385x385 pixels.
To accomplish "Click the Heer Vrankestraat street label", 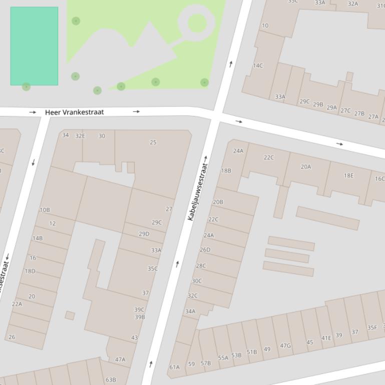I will (74, 112).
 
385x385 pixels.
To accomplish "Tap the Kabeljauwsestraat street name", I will (197, 188).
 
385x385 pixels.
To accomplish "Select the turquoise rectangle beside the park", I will (34, 46).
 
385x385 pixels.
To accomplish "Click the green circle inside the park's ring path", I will (197, 23).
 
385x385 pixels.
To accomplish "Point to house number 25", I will (153, 142).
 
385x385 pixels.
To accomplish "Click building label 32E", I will (80, 136).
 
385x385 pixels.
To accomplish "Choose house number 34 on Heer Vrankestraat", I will (66, 135).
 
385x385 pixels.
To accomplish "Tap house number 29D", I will (144, 234).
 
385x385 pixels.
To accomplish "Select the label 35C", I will (152, 268).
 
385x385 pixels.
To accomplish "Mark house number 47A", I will (120, 359).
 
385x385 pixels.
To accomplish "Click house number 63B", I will (111, 380).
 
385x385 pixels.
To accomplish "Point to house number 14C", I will (258, 65).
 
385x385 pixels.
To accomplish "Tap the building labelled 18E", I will (348, 175).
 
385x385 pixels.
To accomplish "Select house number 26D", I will (205, 250).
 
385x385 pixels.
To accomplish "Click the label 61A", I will (174, 367).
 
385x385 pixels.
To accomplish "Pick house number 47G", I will (285, 345).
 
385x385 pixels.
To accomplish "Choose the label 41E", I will (326, 338).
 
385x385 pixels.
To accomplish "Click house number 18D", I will (30, 271).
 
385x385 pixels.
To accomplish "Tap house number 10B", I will (45, 210).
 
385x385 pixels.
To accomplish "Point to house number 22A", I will (17, 304).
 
